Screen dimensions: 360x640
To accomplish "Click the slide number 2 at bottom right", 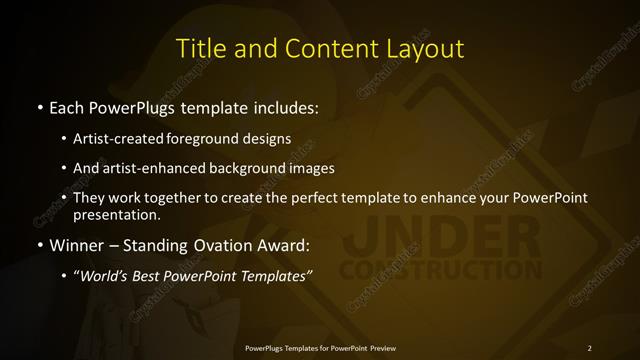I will [589, 347].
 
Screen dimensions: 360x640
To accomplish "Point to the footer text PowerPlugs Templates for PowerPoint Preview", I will [320, 347].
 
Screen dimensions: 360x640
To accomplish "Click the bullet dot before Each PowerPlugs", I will [39, 107].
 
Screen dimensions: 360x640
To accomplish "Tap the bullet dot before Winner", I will [39, 244].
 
